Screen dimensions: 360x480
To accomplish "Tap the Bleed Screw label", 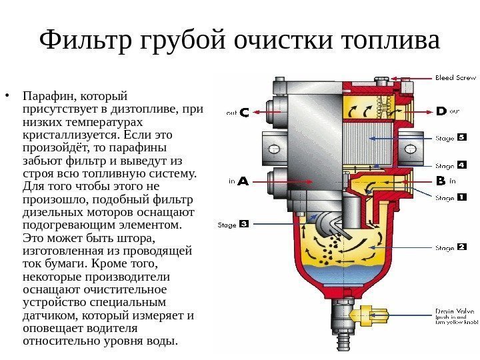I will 456,78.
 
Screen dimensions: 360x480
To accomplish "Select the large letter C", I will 245,113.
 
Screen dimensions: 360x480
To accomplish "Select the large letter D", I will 441,111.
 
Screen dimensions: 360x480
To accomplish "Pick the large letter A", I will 243,181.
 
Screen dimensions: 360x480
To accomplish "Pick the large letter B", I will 441,181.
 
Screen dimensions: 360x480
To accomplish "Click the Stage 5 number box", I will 462,138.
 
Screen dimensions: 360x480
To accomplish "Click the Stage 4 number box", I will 462,165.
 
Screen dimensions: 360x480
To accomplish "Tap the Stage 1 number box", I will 462,197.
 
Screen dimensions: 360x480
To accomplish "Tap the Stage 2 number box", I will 462,247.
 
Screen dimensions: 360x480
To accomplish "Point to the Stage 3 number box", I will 244,224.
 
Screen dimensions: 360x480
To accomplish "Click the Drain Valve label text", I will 455,310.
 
